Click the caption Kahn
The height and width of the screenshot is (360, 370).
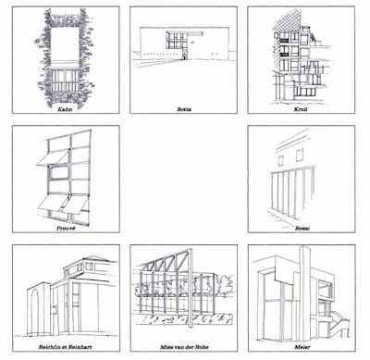66,109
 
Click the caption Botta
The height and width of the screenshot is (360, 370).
184,109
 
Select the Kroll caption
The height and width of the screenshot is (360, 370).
301,109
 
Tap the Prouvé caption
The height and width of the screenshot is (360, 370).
66,229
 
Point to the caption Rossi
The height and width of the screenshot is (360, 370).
302,229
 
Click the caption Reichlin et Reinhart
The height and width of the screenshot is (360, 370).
66,347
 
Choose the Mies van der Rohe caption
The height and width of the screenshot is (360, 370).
184,347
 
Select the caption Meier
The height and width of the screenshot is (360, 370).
302,347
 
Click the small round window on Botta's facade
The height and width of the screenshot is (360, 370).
192,42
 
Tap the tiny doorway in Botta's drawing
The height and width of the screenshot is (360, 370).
184,56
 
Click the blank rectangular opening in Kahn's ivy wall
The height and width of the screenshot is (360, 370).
65,44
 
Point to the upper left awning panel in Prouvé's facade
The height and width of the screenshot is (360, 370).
53,157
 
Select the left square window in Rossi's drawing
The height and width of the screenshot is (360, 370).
280,161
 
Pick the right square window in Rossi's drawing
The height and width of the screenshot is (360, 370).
300,155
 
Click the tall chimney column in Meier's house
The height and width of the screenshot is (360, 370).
305,289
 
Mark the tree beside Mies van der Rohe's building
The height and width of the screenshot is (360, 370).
225,283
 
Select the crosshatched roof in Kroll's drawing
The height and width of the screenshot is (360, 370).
287,21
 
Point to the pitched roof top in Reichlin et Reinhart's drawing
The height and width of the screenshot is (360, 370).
92,258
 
